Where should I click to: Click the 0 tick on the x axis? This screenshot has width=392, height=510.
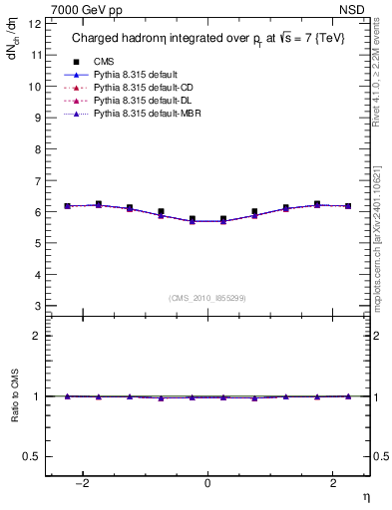[207, 483]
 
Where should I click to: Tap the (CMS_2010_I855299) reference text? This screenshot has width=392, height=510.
[207, 298]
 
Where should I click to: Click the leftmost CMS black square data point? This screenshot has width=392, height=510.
[68, 206]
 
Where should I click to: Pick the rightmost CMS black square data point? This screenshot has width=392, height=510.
[348, 206]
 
